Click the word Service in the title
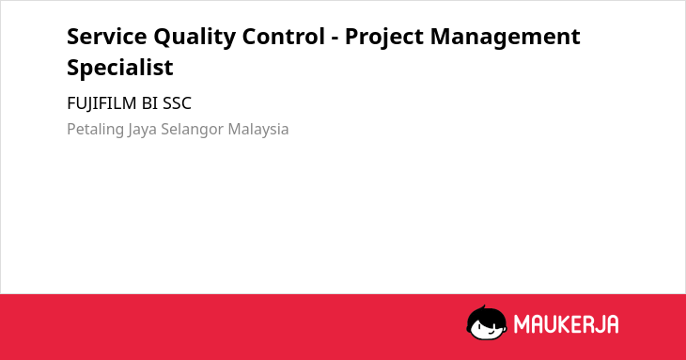click(107, 37)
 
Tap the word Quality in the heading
click(195, 38)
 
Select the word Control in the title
click(284, 37)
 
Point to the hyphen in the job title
click(335, 39)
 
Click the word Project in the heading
click(384, 38)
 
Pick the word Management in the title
click(506, 38)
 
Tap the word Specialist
click(120, 68)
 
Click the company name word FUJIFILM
click(101, 103)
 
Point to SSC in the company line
click(178, 103)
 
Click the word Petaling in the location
click(95, 130)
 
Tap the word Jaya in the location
click(143, 130)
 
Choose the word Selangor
click(193, 130)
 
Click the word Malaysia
click(258, 130)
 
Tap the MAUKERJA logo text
click(566, 324)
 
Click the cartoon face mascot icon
click(487, 322)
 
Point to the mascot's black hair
click(486, 314)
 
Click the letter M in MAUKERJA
click(522, 324)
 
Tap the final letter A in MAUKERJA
click(612, 324)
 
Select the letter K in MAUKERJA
click(564, 324)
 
